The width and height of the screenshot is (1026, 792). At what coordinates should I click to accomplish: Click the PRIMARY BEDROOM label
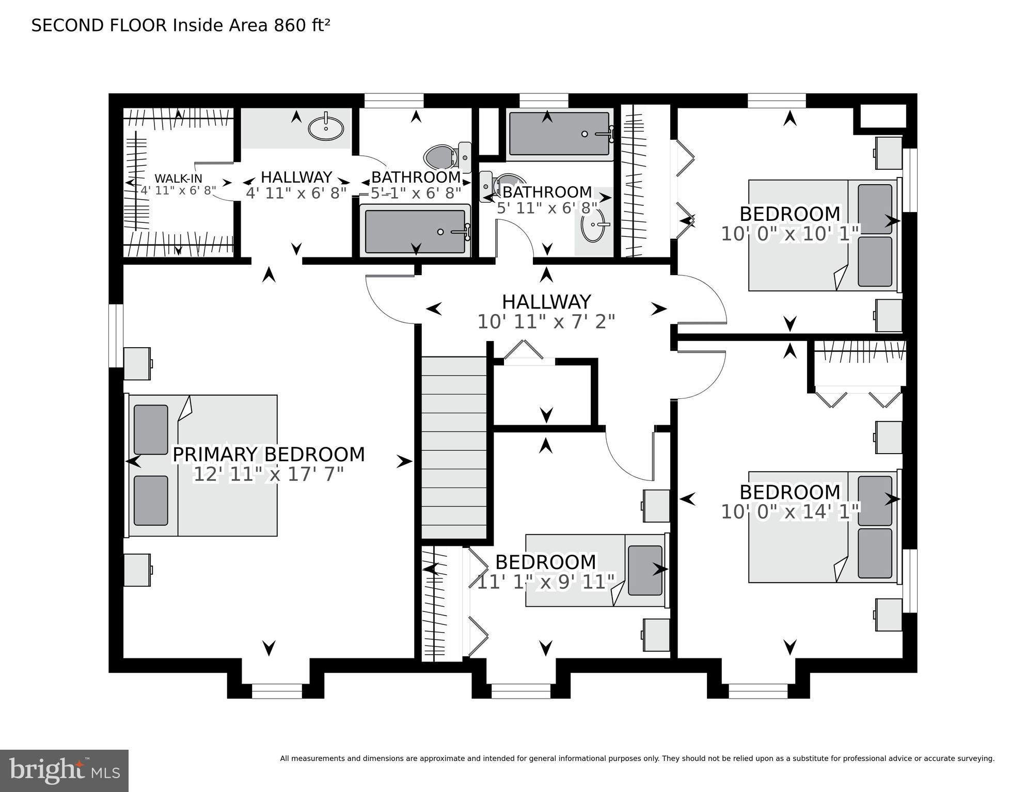[x=269, y=455]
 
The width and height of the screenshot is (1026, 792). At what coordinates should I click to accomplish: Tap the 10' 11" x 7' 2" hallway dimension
[x=546, y=322]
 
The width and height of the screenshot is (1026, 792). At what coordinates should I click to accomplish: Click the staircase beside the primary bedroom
[x=454, y=447]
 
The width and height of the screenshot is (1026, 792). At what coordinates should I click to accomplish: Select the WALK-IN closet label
[x=178, y=179]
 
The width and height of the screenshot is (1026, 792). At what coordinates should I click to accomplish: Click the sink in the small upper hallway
[x=326, y=128]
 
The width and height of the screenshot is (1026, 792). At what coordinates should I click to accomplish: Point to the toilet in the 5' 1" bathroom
[x=441, y=156]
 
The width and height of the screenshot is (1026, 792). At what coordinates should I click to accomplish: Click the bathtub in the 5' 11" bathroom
[x=559, y=134]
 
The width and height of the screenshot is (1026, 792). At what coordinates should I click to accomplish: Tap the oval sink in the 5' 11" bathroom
[x=592, y=225]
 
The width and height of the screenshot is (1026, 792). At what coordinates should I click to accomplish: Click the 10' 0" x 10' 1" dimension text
[x=790, y=234]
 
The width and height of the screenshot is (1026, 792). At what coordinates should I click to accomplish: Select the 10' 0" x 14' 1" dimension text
[x=790, y=512]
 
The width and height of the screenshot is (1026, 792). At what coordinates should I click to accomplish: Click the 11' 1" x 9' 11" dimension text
[x=546, y=581]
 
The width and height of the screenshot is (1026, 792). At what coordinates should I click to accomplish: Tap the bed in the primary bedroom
[x=202, y=465]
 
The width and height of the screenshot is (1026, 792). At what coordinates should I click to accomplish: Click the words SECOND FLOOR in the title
[x=99, y=25]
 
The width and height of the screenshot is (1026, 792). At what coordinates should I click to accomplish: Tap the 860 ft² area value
[x=302, y=25]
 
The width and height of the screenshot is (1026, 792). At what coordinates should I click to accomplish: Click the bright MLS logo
[x=64, y=771]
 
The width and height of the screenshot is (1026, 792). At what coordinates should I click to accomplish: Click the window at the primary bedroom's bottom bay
[x=277, y=691]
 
